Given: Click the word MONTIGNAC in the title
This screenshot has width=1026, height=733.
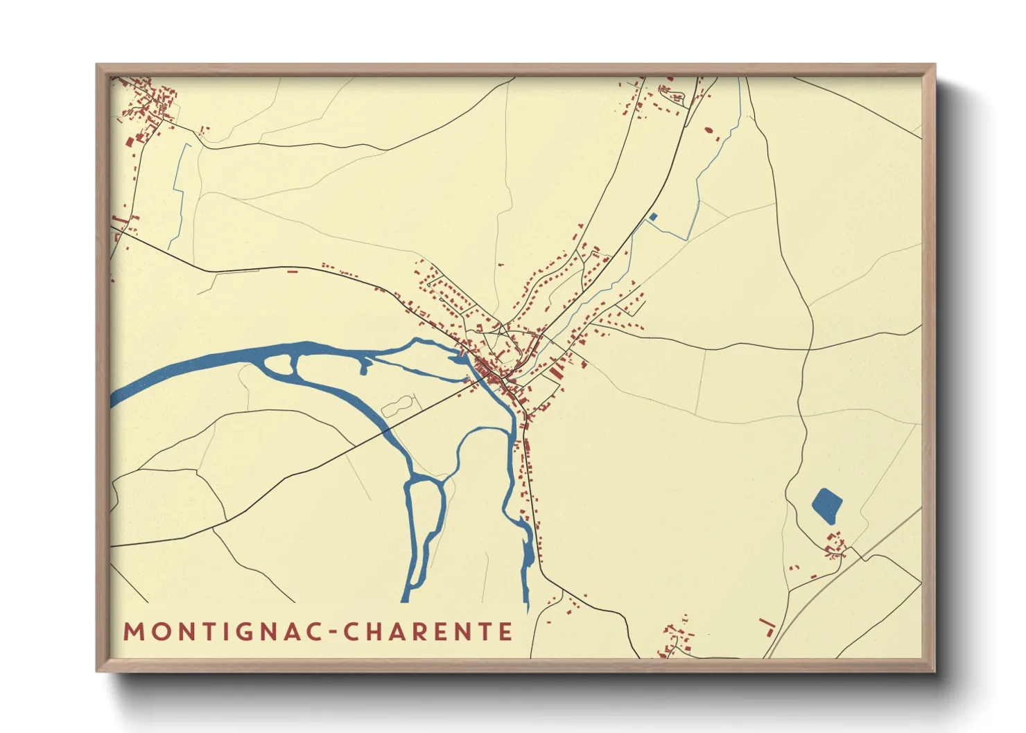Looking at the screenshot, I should [x=221, y=632].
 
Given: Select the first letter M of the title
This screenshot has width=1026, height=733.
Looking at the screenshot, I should [x=132, y=632].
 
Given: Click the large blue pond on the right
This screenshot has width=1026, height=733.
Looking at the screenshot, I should [x=826, y=505].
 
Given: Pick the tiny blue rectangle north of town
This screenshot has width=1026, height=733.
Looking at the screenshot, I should [x=652, y=218].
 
